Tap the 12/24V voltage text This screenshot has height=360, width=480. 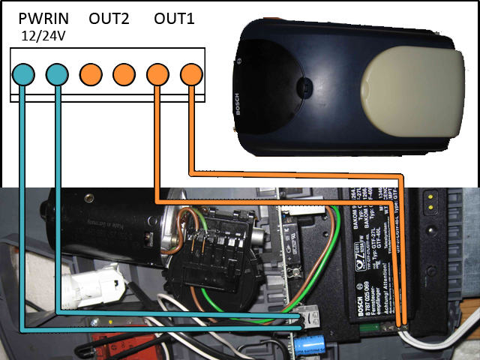coord(42,35)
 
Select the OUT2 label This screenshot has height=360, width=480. coord(110,19)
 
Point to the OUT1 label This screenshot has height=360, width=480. coord(174,19)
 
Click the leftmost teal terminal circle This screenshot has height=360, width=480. coord(23,74)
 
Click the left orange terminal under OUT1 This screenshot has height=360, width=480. coord(157,74)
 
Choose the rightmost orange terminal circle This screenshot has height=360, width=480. coord(191,74)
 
